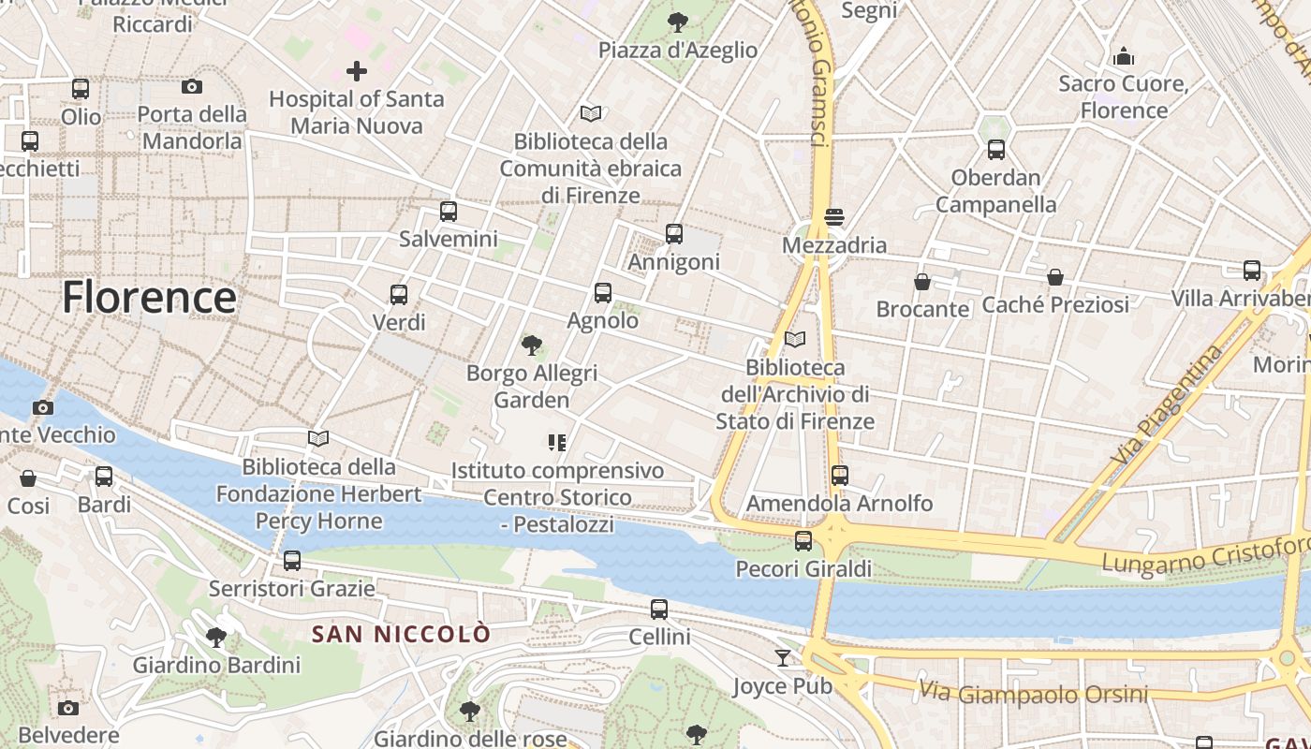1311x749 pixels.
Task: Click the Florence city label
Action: (149, 298)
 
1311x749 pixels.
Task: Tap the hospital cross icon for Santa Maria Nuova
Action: (356, 70)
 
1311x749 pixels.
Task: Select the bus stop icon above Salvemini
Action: (449, 212)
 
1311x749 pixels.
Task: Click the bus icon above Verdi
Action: (399, 295)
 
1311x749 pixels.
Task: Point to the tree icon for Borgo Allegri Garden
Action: (532, 345)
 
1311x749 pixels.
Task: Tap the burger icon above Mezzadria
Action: (834, 217)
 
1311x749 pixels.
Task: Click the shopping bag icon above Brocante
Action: (922, 281)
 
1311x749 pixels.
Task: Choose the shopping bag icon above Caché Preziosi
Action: (1055, 277)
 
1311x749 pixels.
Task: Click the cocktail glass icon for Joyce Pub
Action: (783, 658)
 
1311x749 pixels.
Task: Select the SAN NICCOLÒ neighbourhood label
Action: (401, 634)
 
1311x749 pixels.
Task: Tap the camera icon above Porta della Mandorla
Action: (192, 87)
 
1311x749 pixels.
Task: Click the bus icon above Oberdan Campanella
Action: (996, 150)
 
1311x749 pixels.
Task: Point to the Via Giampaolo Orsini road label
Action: (1033, 693)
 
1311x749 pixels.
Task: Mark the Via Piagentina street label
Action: (1170, 404)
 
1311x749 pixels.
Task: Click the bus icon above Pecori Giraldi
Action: (803, 541)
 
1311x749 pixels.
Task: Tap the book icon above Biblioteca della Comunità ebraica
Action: (590, 114)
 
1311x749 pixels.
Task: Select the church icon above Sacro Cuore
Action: (1124, 57)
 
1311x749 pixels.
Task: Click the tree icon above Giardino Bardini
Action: (216, 638)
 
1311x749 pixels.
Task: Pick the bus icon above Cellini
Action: (659, 609)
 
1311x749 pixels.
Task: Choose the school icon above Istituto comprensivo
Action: (557, 443)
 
